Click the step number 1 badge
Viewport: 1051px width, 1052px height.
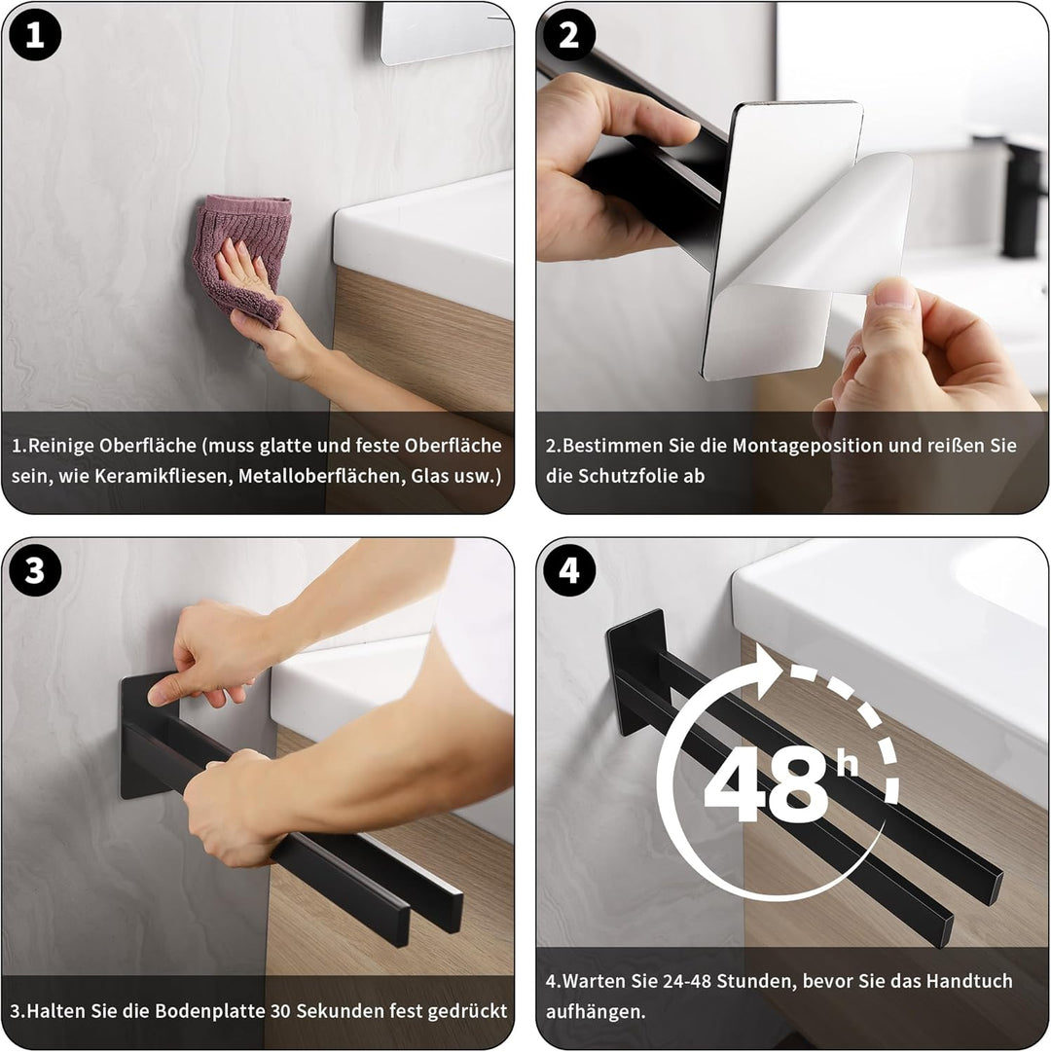[35, 35]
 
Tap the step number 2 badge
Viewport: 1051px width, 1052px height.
[568, 35]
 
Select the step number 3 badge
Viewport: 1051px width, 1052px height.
[35, 570]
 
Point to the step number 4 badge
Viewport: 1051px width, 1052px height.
[568, 570]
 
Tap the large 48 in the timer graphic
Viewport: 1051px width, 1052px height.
[766, 785]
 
